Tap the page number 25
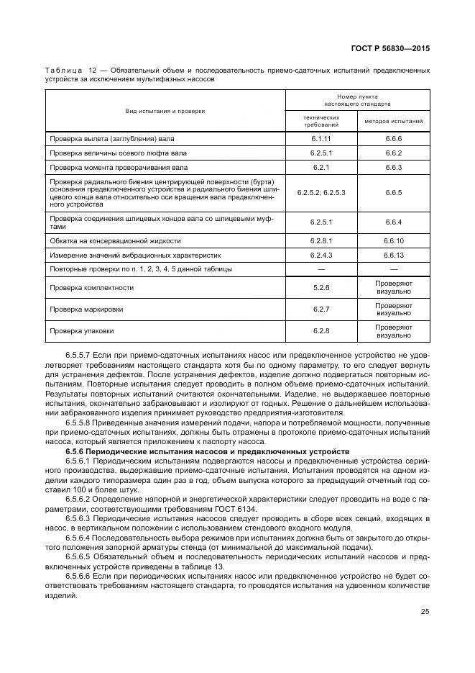(x=425, y=612)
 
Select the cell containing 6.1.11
(x=320, y=137)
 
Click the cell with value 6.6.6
(x=393, y=137)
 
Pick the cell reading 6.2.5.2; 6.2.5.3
(x=320, y=194)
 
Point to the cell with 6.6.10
(x=393, y=240)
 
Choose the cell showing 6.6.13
(x=393, y=255)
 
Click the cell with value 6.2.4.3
(x=320, y=255)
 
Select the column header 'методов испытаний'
(x=393, y=121)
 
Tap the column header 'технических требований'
(x=320, y=121)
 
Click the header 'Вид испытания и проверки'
(x=166, y=111)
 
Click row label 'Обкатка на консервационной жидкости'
(x=115, y=240)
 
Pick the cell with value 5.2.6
(x=320, y=288)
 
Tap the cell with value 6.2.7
(x=320, y=310)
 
